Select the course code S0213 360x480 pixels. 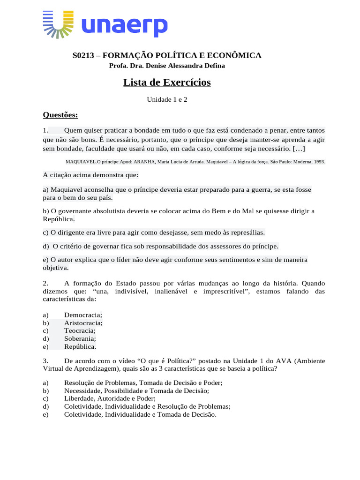(83, 55)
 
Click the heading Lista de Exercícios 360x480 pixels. (167, 82)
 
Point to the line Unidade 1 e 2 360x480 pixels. (167, 99)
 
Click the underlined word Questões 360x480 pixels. (60, 114)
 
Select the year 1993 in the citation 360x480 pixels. (318, 162)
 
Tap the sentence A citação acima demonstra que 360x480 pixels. (90, 175)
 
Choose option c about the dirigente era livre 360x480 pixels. (154, 232)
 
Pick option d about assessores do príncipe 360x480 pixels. (161, 246)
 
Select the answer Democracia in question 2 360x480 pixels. (83, 315)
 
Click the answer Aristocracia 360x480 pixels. (83, 322)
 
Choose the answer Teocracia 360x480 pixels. (80, 330)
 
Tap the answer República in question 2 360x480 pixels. (80, 346)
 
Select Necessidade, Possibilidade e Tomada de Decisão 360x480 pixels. (136, 390)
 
